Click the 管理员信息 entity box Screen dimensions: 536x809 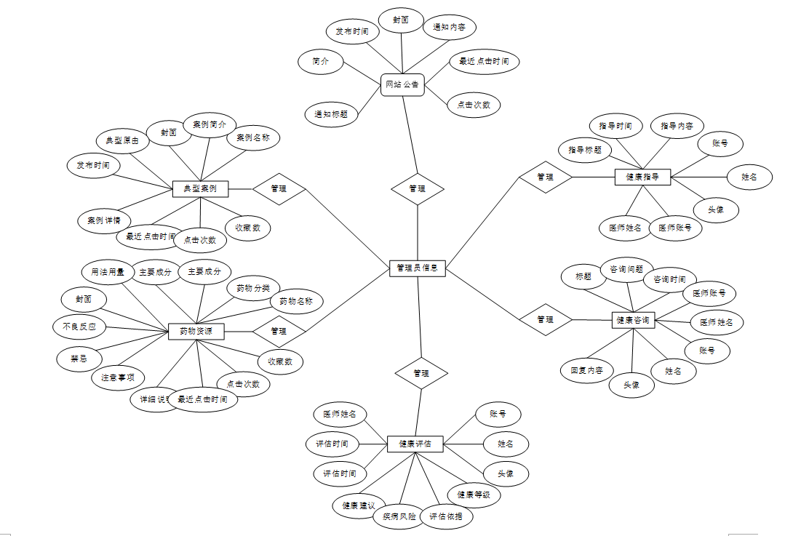417,268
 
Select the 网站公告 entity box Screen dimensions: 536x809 402,85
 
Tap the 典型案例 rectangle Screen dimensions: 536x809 200,189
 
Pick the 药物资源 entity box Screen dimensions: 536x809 196,332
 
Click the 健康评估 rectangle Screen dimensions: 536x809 415,443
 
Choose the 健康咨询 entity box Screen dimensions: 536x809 634,320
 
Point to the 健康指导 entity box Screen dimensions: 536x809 642,177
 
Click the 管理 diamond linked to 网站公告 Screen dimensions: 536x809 417,189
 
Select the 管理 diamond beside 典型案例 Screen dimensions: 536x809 279,189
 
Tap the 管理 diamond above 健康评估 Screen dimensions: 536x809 421,373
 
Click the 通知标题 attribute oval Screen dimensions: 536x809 331,114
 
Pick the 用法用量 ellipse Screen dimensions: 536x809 108,273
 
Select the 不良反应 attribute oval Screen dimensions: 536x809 79,327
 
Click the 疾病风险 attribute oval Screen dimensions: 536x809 395,517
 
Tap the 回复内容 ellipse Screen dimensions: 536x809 586,369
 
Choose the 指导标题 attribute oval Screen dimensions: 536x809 585,150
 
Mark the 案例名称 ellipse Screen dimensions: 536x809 252,137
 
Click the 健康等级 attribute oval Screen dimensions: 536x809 474,495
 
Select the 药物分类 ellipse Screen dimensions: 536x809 252,289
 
